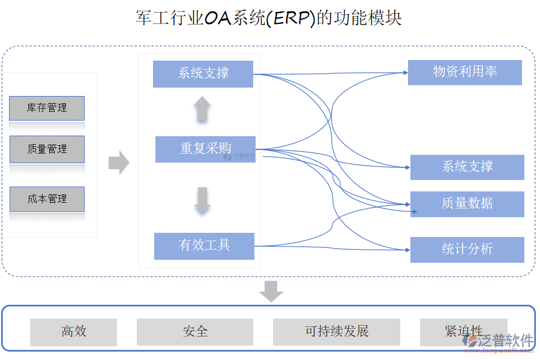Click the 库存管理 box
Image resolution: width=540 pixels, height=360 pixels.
47,108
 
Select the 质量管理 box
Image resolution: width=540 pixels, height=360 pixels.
47,149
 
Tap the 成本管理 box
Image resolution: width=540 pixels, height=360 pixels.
47,199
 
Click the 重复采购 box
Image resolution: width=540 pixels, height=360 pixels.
205,149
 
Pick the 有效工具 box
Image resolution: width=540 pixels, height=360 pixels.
204,246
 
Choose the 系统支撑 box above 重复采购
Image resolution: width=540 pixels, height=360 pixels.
203,74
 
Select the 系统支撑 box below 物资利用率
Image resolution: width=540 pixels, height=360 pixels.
467,167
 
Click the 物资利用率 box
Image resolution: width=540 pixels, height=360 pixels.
464,72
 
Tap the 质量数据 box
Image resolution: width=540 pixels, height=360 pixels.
467,204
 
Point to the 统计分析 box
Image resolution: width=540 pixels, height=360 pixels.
467,250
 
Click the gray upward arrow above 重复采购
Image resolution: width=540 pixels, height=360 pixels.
202,110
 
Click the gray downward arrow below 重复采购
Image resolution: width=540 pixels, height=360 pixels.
202,200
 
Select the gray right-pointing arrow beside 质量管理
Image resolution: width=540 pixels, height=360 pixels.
119,163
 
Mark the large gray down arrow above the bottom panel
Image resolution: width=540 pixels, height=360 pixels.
271,291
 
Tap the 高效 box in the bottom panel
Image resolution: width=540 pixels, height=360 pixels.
73,332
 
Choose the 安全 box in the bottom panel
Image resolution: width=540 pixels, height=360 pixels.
194,332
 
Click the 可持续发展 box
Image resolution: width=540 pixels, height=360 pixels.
336,332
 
